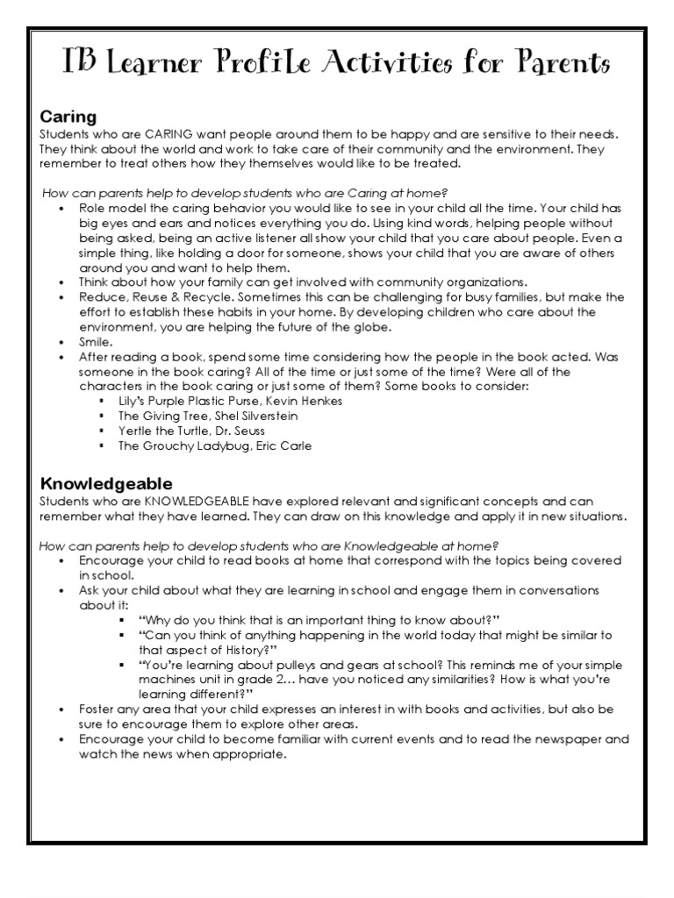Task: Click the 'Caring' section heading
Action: [68, 117]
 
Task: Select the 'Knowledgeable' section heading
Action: [105, 483]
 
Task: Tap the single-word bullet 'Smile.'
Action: [96, 342]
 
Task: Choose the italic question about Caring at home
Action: [245, 192]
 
